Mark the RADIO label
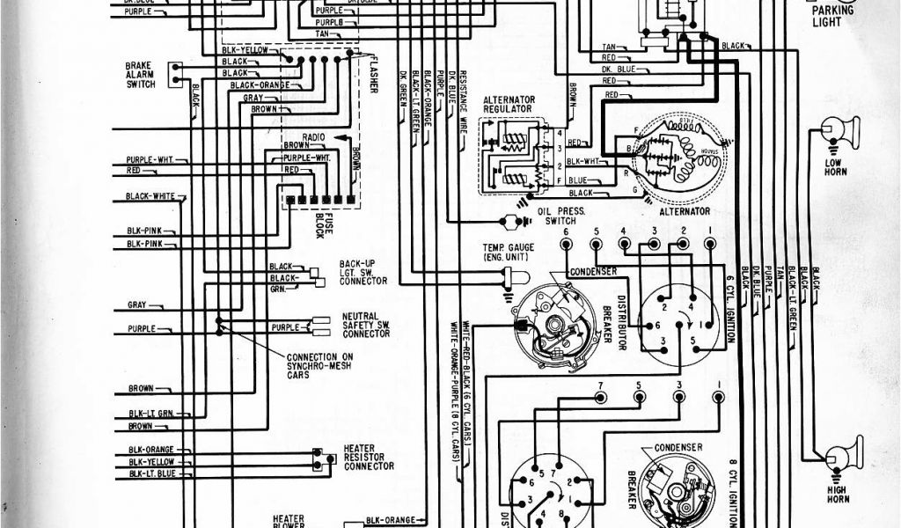point(314,138)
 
